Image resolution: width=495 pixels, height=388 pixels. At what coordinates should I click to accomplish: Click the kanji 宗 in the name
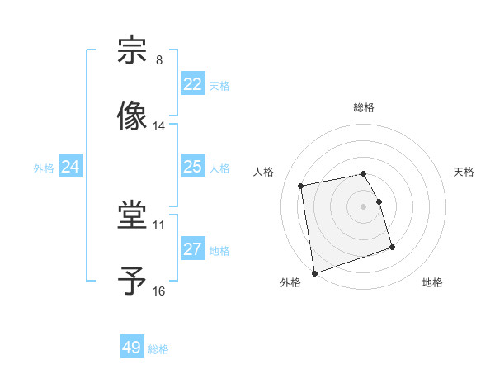[x=133, y=50]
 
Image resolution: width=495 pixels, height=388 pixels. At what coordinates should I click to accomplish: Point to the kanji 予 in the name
[x=133, y=280]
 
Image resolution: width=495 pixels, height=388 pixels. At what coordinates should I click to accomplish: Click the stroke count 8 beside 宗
[x=159, y=60]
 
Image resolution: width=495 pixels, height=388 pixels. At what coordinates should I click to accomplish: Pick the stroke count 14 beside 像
[x=159, y=126]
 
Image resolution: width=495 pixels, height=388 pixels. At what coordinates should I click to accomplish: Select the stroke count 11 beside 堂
[x=159, y=225]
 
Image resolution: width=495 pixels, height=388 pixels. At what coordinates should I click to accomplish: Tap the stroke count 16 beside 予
[x=159, y=291]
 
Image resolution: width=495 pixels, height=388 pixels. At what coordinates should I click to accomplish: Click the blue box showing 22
[x=193, y=84]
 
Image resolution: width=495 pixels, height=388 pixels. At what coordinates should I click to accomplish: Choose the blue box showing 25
[x=193, y=167]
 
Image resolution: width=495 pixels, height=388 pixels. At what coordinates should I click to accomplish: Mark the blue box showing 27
[x=193, y=249]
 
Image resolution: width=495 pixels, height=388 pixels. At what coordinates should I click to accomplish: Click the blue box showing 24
[x=71, y=167]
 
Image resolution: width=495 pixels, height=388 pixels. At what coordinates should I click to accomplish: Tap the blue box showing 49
[x=132, y=348]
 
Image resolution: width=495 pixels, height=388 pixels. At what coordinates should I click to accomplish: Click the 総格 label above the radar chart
[x=364, y=107]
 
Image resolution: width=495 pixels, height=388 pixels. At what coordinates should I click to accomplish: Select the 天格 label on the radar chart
[x=464, y=172]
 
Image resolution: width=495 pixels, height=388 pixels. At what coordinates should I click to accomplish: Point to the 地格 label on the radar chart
[x=432, y=282]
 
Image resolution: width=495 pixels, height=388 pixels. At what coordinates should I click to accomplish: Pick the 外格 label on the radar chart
[x=290, y=282]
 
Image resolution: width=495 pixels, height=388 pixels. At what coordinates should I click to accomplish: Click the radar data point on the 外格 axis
[x=313, y=273]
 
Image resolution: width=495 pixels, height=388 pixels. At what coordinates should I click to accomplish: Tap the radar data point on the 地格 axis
[x=392, y=247]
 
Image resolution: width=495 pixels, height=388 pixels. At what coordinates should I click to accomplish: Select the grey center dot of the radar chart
[x=364, y=206]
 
